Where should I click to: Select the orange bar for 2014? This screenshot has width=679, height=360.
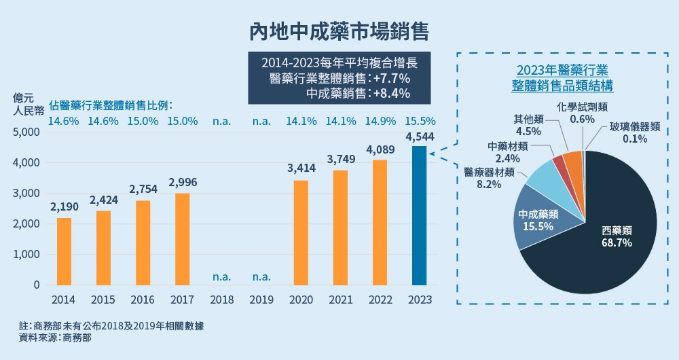(64, 251)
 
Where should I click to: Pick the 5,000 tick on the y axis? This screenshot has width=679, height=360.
(26, 132)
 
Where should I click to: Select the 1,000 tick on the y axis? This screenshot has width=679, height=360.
(26, 255)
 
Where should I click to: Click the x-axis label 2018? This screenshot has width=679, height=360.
(222, 300)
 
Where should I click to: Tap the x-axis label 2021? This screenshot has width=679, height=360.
(340, 300)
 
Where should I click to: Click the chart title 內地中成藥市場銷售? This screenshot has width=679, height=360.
(339, 31)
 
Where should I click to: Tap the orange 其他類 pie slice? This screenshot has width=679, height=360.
(572, 162)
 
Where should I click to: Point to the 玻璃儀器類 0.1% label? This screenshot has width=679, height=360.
(634, 132)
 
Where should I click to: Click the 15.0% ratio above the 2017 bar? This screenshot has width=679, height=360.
(182, 122)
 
